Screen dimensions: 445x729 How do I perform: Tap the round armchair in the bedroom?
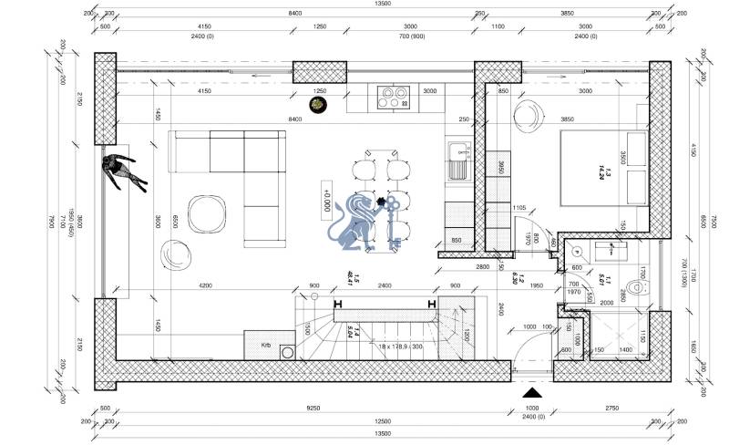(x=528, y=116)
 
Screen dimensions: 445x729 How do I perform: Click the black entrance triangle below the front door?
(x=533, y=393)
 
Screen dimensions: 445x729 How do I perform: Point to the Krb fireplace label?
(x=266, y=346)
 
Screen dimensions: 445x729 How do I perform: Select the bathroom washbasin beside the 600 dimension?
(x=602, y=247)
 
